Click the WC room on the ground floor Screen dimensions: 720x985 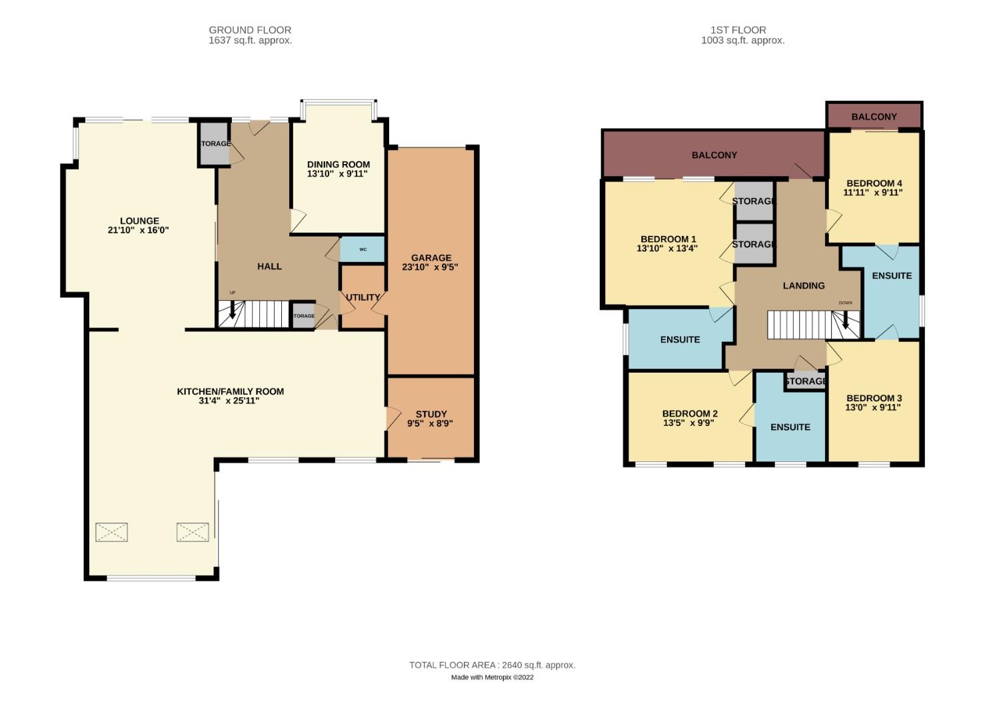363,249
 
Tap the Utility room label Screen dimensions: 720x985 363,297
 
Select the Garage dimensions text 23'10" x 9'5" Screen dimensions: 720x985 430,267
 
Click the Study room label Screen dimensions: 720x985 431,414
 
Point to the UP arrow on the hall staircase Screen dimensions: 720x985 233,310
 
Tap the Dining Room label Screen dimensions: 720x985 338,164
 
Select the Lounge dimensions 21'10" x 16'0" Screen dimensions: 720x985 139,231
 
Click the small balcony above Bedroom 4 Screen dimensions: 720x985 874,117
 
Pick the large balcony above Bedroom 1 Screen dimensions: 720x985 714,155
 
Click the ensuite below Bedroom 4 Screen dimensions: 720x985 891,275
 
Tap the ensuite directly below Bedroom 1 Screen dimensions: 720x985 680,339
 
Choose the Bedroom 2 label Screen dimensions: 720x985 690,413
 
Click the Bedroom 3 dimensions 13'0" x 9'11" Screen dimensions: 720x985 873,407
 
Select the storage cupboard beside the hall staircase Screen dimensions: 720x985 303,316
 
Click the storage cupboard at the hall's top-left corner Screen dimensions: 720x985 215,143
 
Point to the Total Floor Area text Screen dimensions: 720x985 492,665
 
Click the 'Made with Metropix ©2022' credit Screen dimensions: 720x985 492,677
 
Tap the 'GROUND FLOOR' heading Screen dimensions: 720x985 250,30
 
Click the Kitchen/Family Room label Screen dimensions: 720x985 230,391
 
